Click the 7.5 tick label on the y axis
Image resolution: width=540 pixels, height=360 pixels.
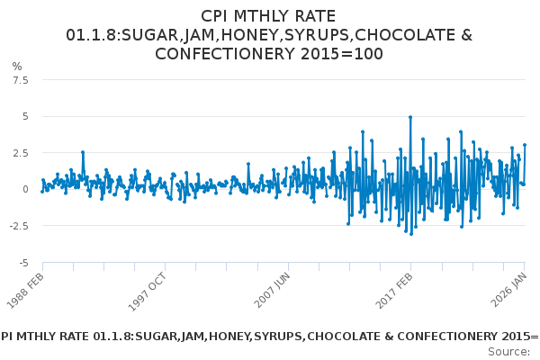coord(21,80)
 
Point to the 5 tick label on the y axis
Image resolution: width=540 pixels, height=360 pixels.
coord(26,116)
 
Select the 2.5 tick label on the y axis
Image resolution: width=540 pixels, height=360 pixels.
coord(21,153)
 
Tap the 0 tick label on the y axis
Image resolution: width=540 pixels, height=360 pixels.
coord(26,189)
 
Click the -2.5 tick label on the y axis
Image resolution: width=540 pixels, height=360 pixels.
coord(19,226)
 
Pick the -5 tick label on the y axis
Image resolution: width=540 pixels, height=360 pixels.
coord(24,263)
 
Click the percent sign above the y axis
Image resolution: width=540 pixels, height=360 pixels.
coord(16,67)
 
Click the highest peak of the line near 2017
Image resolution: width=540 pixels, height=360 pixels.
coord(410,117)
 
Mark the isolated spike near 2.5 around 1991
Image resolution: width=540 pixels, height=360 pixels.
coord(82,152)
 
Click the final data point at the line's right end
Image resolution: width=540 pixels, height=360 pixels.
coord(525,145)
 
